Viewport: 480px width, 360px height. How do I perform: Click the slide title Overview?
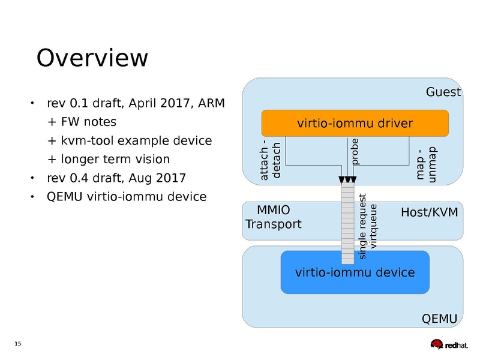click(92, 58)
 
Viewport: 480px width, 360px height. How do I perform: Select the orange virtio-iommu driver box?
click(355, 124)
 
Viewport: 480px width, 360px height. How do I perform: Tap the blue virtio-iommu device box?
click(355, 272)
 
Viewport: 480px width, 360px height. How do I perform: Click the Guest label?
click(443, 92)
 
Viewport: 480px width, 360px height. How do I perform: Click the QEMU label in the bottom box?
click(440, 318)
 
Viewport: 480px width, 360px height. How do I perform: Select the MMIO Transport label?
click(273, 218)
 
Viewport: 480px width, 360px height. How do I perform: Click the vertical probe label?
click(355, 152)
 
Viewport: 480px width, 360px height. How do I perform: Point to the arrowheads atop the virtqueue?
click(347, 181)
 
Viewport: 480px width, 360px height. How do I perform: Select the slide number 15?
click(17, 343)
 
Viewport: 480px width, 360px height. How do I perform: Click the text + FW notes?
click(81, 122)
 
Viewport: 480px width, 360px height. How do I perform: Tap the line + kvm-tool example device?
click(129, 141)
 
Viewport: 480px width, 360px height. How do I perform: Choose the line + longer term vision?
click(108, 160)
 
